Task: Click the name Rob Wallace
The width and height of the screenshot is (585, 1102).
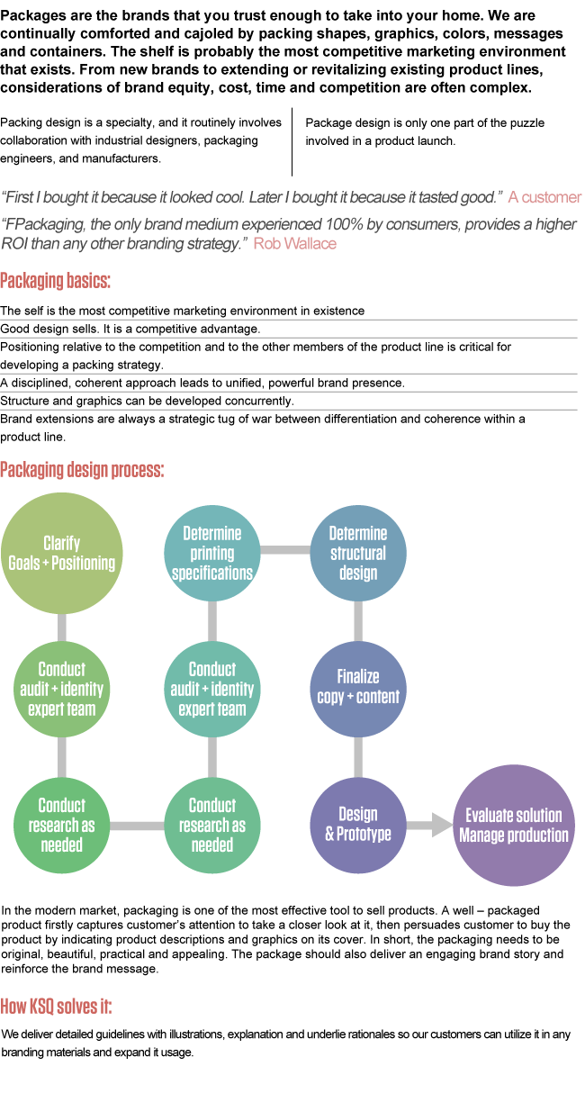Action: (x=294, y=243)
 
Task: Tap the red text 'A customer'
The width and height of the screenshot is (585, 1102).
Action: (x=544, y=197)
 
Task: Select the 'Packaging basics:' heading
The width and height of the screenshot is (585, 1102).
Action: (x=55, y=280)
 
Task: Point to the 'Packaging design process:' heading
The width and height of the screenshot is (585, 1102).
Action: (x=82, y=469)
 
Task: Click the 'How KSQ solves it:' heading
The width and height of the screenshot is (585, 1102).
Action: (x=56, y=1006)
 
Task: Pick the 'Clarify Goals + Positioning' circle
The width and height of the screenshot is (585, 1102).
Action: (x=61, y=553)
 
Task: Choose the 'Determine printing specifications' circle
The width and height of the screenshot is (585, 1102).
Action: (x=212, y=553)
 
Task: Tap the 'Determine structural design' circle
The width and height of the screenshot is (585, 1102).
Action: (x=358, y=553)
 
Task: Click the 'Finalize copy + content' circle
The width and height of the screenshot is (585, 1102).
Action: (x=358, y=686)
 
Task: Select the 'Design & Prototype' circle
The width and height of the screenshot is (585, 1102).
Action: (x=358, y=825)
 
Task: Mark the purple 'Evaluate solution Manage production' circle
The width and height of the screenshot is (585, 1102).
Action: (x=513, y=825)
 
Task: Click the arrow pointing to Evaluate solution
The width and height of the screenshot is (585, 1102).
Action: (x=430, y=825)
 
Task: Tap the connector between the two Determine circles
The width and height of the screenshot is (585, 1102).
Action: (x=285, y=550)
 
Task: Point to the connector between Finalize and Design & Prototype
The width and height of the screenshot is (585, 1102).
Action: (x=358, y=756)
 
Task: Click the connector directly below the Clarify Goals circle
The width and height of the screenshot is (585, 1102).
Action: (x=61, y=628)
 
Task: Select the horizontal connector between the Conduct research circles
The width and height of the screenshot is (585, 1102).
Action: (x=137, y=825)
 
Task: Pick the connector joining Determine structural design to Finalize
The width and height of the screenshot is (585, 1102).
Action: (x=358, y=621)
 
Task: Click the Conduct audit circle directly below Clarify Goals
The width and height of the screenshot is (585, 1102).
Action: (x=61, y=689)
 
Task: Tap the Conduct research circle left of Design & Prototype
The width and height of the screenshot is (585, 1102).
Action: (x=212, y=825)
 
